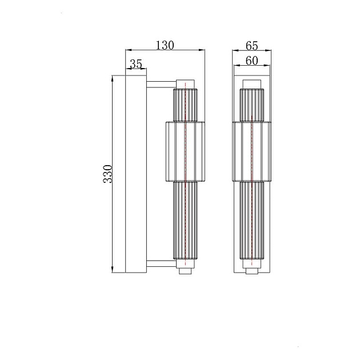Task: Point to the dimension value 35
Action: coord(135,64)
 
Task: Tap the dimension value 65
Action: coord(251,45)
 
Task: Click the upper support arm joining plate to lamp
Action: coord(160,86)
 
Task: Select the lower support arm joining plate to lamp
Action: coord(160,263)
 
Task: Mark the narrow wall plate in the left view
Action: coord(130,174)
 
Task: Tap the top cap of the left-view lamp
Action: coord(186,84)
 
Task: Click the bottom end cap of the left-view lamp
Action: coord(186,272)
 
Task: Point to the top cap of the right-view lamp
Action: coord(252,84)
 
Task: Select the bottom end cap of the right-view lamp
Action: coord(252,272)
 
